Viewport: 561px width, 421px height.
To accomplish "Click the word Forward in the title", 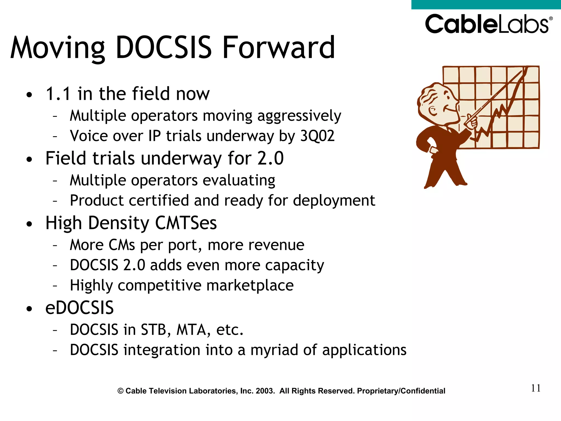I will tap(279, 48).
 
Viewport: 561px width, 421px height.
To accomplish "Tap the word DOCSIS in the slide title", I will tap(164, 48).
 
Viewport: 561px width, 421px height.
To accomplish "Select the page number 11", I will tap(536, 388).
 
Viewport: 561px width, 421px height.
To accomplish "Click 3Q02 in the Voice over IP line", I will tap(317, 136).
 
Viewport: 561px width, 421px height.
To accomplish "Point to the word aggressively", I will tap(299, 116).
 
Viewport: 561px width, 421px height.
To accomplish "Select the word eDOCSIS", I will tap(79, 308).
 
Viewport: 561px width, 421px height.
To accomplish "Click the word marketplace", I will tap(250, 286).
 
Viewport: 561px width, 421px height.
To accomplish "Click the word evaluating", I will tap(239, 181).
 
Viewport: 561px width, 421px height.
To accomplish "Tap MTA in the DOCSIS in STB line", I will tap(191, 330).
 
